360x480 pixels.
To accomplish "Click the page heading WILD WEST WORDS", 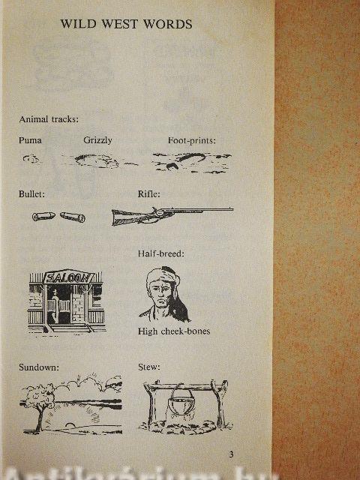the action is pyautogui.click(x=126, y=24).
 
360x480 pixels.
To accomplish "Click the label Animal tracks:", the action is pyautogui.click(x=49, y=118).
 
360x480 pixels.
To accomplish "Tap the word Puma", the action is pyautogui.click(x=30, y=140).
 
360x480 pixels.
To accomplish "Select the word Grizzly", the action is pyautogui.click(x=97, y=140).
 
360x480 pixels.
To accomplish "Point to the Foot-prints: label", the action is pyautogui.click(x=192, y=140).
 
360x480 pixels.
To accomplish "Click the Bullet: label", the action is pyautogui.click(x=31, y=194).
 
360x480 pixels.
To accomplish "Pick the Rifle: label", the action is pyautogui.click(x=148, y=194).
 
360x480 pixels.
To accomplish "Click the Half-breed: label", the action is pyautogui.click(x=161, y=253).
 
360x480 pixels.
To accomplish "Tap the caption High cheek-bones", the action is pyautogui.click(x=174, y=331).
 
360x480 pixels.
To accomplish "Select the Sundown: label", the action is pyautogui.click(x=39, y=367).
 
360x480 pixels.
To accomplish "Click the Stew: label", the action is pyautogui.click(x=148, y=367).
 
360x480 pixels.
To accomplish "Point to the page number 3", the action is pyautogui.click(x=232, y=454).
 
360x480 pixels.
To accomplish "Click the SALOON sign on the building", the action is pyautogui.click(x=69, y=277).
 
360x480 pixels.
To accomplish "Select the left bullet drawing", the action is pyautogui.click(x=43, y=216).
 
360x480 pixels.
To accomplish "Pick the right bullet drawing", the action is pyautogui.click(x=73, y=217).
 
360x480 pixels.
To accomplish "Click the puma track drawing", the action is pyautogui.click(x=31, y=158).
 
